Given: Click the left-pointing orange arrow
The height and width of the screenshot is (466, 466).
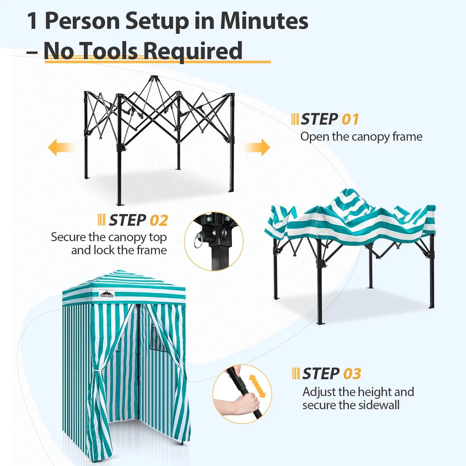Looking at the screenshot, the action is point(61,147).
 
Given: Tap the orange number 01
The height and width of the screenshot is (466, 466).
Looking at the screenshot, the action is point(350,120).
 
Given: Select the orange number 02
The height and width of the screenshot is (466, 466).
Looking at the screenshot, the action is point(159,220).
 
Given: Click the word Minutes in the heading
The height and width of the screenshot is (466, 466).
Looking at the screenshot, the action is point(264,21).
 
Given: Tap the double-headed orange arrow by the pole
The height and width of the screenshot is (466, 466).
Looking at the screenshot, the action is point(257,386).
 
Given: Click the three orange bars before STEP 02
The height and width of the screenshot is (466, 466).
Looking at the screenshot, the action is point(101,220).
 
